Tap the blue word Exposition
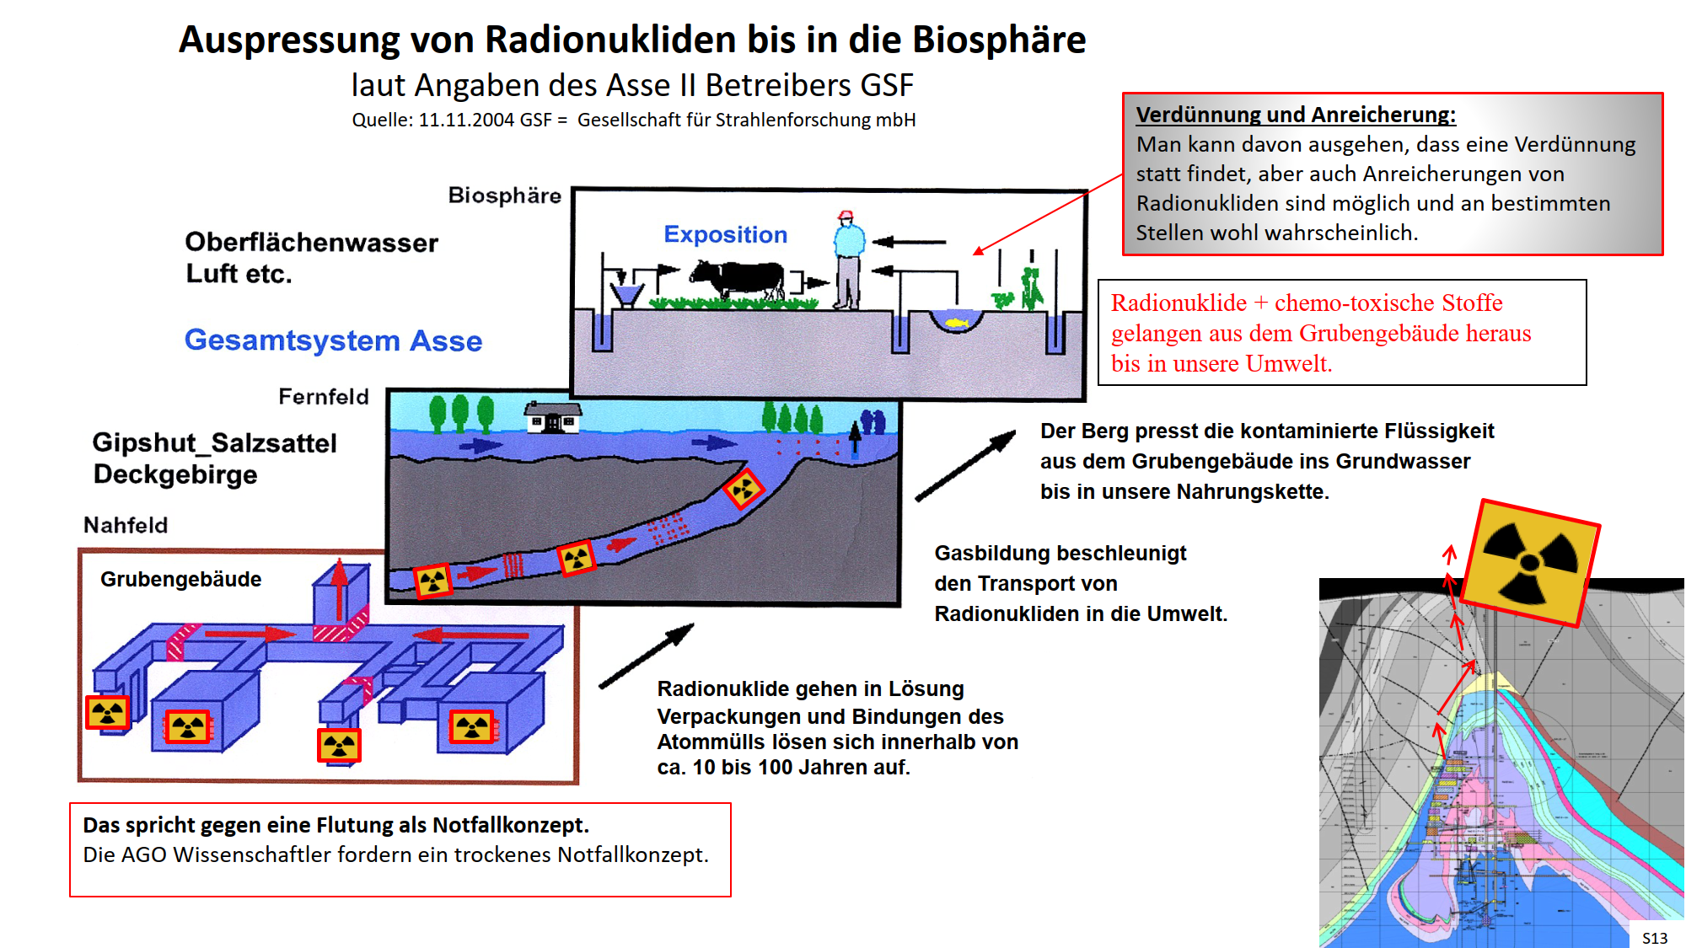click(725, 234)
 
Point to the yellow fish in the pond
click(956, 322)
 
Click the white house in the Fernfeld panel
click(553, 417)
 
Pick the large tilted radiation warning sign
click(1531, 562)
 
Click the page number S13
click(1654, 938)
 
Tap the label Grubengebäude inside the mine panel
click(180, 579)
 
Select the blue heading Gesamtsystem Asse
click(333, 340)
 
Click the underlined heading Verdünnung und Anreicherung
click(1295, 115)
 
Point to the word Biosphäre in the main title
click(999, 40)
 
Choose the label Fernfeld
click(324, 396)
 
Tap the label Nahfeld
click(126, 525)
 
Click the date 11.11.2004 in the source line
click(466, 120)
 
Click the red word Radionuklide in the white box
click(1179, 303)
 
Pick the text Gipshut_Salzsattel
click(214, 442)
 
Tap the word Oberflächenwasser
click(311, 243)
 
